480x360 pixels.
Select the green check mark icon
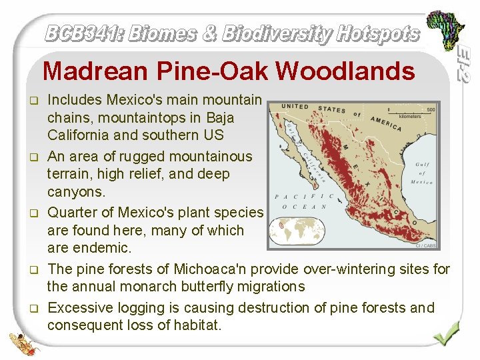pos(445,332)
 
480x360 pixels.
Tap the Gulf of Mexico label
pos(421,173)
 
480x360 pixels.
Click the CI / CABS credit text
pos(426,245)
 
